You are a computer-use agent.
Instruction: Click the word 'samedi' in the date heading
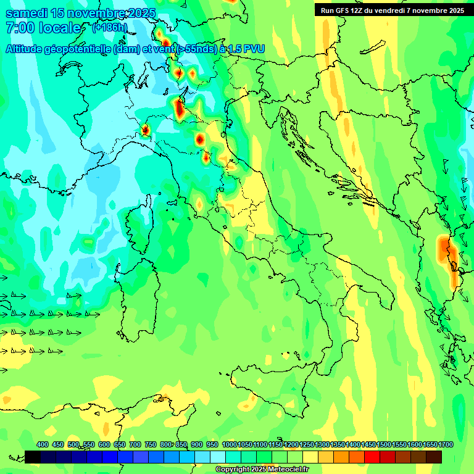pyautogui.click(x=25, y=13)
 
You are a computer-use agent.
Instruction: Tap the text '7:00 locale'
pyautogui.click(x=43, y=28)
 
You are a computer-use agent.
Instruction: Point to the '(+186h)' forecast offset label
pyautogui.click(x=110, y=28)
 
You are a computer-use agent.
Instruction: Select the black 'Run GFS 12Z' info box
pyautogui.click(x=392, y=10)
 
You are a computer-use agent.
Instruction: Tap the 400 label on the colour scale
pyautogui.click(x=43, y=445)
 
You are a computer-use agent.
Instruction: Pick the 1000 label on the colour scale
pyautogui.click(x=230, y=445)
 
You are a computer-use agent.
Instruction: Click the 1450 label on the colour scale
pyautogui.click(x=369, y=445)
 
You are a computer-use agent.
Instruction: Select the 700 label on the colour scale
pyautogui.click(x=135, y=445)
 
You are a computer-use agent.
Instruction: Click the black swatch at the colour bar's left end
pyautogui.click(x=33, y=457)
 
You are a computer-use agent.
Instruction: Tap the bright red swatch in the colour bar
pyautogui.click(x=372, y=457)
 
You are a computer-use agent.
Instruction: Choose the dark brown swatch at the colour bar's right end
pyautogui.click(x=434, y=457)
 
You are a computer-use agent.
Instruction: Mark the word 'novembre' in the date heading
pyautogui.click(x=96, y=13)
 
